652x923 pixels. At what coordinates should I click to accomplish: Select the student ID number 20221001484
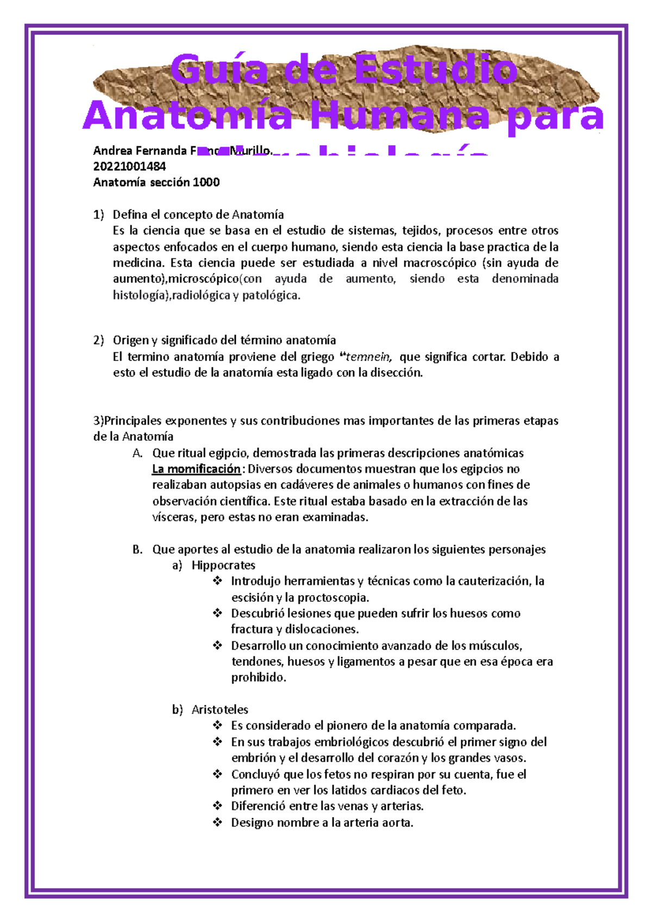[129, 166]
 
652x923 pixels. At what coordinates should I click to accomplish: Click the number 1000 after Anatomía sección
[206, 182]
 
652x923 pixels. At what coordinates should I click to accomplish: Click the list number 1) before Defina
[98, 215]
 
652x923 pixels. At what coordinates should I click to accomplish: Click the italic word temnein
[368, 357]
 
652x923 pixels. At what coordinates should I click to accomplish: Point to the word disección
[395, 373]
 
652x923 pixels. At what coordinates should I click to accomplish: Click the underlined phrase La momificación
[196, 469]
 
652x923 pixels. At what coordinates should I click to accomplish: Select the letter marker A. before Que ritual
[137, 453]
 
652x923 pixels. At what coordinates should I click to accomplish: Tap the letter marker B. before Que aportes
[137, 550]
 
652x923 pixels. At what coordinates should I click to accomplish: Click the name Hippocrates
[223, 565]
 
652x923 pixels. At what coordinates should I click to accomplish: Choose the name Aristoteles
[220, 710]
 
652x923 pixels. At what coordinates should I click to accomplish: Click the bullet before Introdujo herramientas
[217, 581]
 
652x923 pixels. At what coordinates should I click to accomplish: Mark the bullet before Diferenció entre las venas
[217, 806]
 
